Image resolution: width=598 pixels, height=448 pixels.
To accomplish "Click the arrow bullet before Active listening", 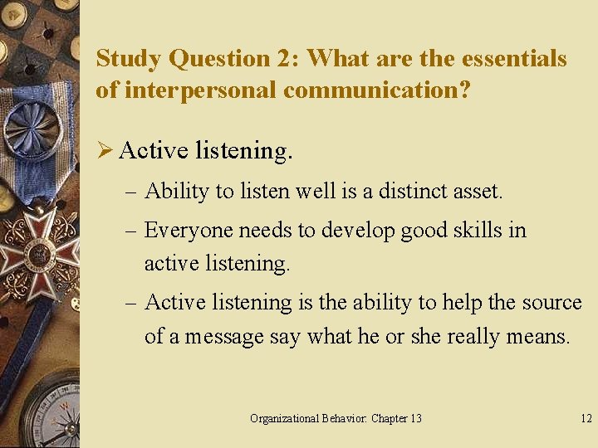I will pyautogui.click(x=105, y=150).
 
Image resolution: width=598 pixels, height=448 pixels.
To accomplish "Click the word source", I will pyautogui.click(x=552, y=302).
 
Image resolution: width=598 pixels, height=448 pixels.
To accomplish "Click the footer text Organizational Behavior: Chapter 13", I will pyautogui.click(x=336, y=418).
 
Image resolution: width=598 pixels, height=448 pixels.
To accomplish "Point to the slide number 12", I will pyautogui.click(x=586, y=418).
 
